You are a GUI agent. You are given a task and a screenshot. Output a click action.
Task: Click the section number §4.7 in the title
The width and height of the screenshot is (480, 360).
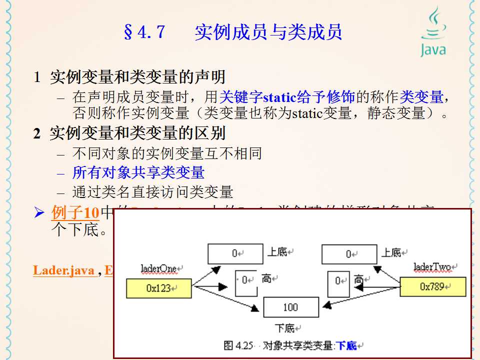tap(143, 32)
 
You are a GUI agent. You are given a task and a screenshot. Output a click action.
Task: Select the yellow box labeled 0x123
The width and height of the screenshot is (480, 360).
tap(159, 288)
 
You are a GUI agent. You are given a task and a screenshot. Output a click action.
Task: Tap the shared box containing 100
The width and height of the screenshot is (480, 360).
tap(291, 307)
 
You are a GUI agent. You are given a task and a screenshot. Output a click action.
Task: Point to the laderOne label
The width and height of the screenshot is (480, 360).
tap(158, 269)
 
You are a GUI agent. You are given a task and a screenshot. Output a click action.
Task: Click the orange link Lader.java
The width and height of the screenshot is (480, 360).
tap(64, 270)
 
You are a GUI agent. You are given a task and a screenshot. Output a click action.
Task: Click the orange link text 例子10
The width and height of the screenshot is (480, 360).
tap(75, 212)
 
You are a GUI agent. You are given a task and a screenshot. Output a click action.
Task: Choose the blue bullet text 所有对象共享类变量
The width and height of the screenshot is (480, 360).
tap(138, 172)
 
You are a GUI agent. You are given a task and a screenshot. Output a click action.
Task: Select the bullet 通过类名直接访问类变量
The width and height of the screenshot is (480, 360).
tap(152, 192)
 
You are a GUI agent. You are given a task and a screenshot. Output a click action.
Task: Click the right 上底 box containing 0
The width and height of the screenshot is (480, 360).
tap(349, 254)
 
